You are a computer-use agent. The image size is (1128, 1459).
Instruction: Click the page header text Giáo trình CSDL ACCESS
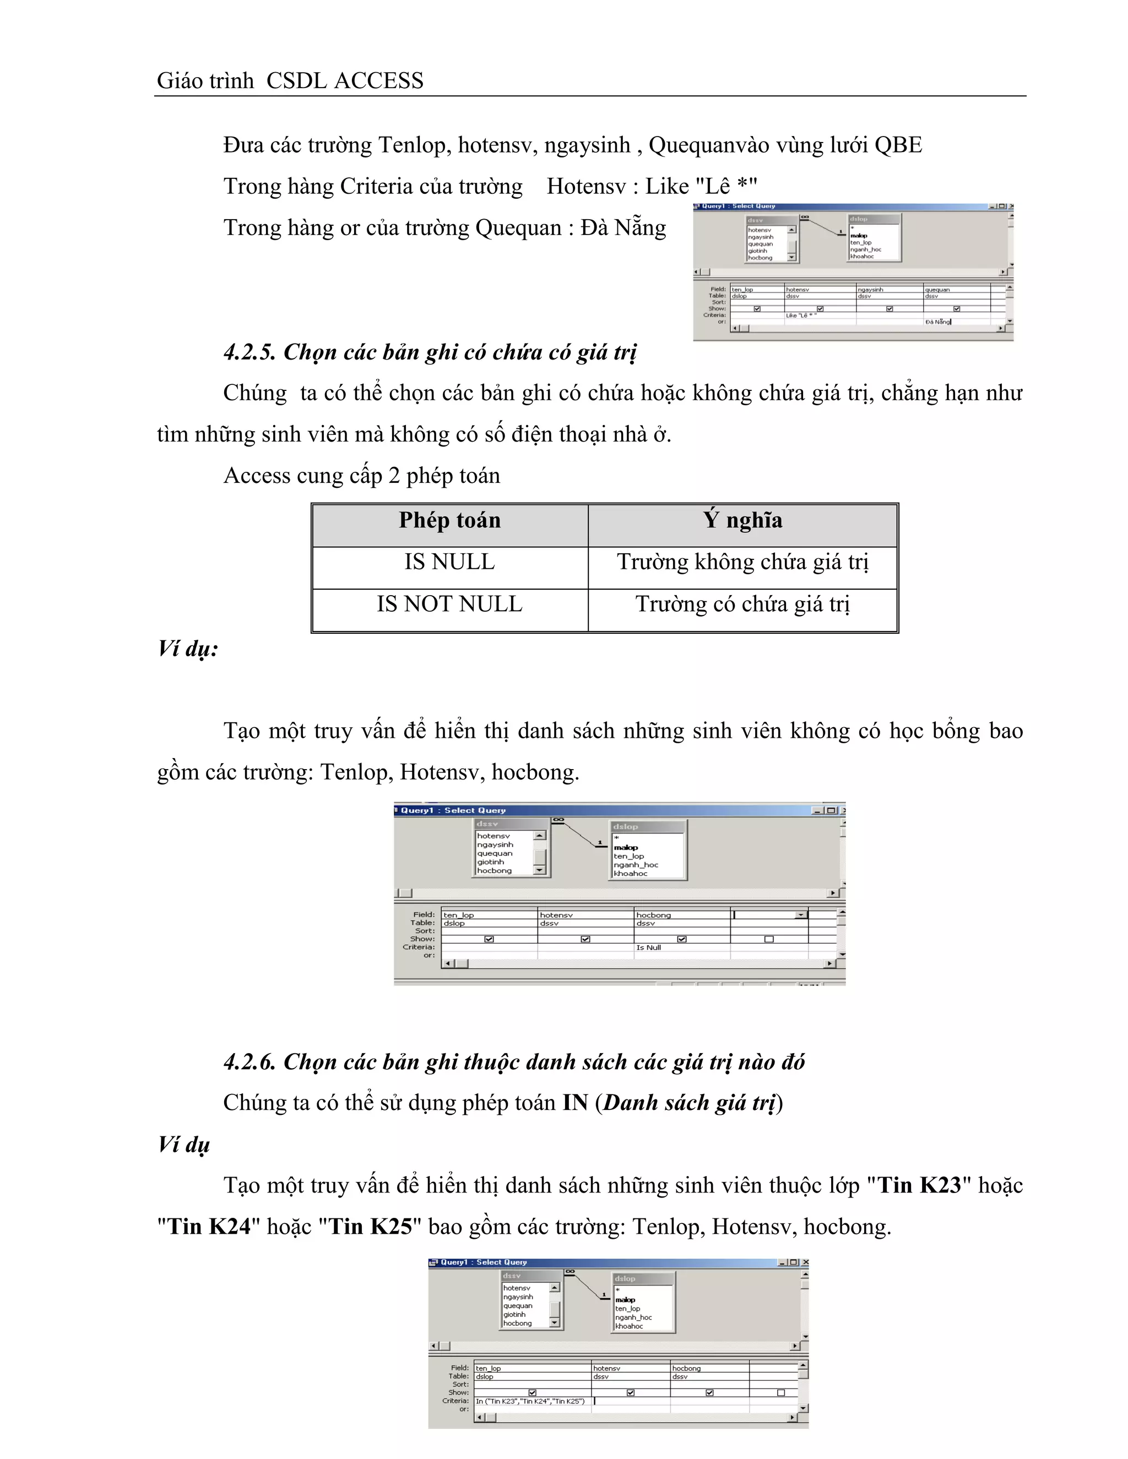(290, 81)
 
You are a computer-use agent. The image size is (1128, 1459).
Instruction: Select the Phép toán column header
(450, 520)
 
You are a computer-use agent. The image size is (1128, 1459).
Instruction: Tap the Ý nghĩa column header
(742, 520)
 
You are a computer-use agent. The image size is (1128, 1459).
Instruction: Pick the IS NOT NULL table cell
(450, 605)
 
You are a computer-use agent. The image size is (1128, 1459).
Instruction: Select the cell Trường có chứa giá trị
(742, 605)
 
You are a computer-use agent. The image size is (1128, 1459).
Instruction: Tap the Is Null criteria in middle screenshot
(648, 948)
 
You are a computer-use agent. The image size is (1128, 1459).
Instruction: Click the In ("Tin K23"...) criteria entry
(530, 1401)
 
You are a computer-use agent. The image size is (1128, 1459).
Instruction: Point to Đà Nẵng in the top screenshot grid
(937, 322)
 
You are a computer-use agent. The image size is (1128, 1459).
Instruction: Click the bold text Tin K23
(919, 1185)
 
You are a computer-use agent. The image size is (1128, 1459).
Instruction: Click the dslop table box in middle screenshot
(647, 850)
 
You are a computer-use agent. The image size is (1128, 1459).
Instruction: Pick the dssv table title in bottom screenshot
(512, 1276)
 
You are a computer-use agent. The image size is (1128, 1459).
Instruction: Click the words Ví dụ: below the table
(188, 649)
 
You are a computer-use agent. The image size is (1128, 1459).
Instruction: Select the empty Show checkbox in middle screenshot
(768, 939)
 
